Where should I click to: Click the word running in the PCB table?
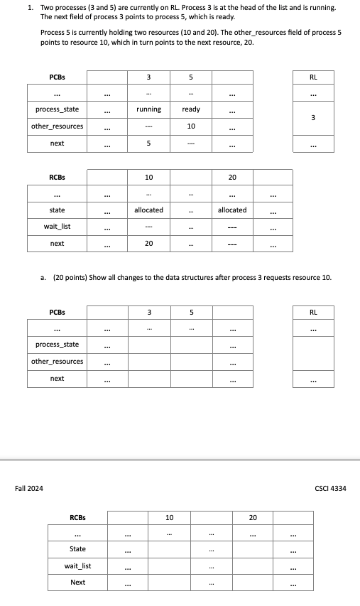(x=148, y=109)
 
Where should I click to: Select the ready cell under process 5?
(x=191, y=109)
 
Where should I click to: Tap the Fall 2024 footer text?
(x=29, y=488)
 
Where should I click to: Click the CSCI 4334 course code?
(x=330, y=488)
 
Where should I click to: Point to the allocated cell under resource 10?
(x=148, y=210)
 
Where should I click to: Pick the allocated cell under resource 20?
(x=232, y=210)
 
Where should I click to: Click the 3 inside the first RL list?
(x=314, y=117)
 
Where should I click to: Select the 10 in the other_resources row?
(x=191, y=126)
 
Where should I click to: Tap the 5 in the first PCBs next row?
(x=148, y=144)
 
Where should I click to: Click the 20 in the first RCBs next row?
(x=148, y=244)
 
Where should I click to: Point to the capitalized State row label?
(x=77, y=549)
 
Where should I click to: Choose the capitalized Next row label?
(x=77, y=583)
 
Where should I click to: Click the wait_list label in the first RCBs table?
(x=57, y=227)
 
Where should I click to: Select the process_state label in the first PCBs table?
(x=57, y=109)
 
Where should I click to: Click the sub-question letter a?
(x=44, y=277)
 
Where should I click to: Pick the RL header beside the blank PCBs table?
(x=314, y=311)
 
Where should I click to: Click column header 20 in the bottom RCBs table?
(x=253, y=518)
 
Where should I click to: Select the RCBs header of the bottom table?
(x=77, y=518)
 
